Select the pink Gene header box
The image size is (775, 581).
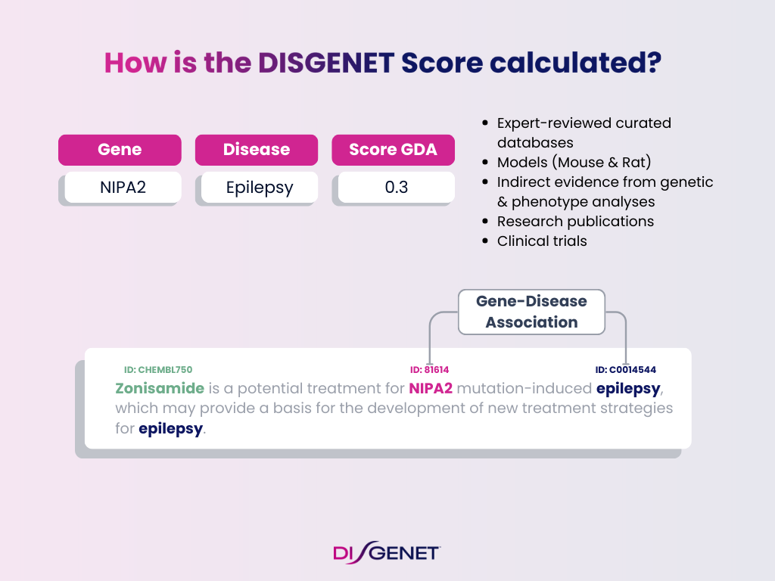click(x=120, y=150)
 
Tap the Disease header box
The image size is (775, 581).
click(x=257, y=150)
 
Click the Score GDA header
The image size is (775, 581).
click(x=393, y=150)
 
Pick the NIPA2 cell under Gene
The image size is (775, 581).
click(x=123, y=187)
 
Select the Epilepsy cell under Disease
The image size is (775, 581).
click(x=259, y=187)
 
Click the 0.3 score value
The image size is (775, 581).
click(x=396, y=187)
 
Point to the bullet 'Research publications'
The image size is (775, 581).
click(x=575, y=221)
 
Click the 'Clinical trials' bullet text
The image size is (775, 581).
click(x=542, y=241)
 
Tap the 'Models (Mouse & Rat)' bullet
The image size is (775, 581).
click(x=574, y=162)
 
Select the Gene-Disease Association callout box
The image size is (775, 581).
click(x=531, y=312)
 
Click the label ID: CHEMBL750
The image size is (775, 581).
click(x=158, y=370)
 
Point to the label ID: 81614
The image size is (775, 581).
click(x=429, y=370)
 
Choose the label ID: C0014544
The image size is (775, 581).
click(x=625, y=370)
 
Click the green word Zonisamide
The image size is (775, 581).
click(x=160, y=389)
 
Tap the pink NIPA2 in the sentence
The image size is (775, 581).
click(x=430, y=389)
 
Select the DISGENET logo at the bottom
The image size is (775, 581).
click(x=387, y=552)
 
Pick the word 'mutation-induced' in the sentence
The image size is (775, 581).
click(x=524, y=389)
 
